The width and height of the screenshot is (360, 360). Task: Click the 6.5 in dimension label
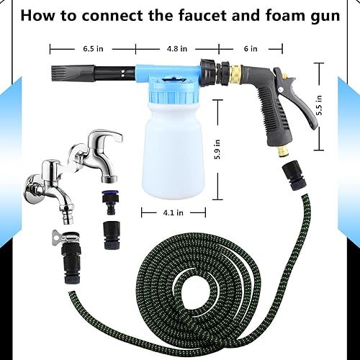pos(93,49)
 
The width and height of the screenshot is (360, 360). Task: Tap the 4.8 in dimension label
pos(177,49)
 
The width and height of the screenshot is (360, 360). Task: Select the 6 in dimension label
pos(251,49)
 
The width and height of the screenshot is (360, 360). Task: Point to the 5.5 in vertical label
pos(319,105)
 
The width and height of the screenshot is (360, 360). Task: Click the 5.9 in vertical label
pos(217,150)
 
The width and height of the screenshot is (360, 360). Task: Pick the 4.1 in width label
pos(174,212)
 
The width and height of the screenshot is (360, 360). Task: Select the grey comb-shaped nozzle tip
pos(72,71)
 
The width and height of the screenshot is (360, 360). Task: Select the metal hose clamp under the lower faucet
pos(66,236)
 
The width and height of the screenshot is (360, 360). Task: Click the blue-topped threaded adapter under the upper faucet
pos(109,202)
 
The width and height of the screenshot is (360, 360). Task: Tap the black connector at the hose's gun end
pos(294,175)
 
